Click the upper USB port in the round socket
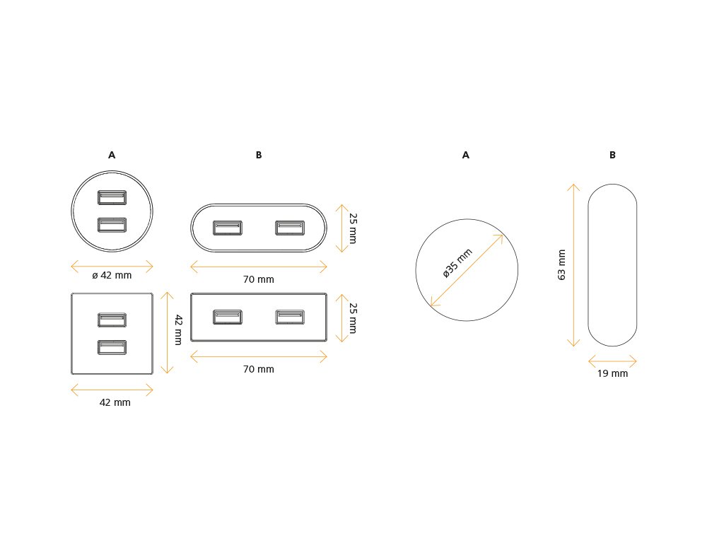click(112, 197)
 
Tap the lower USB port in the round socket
click(112, 225)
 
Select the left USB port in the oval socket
click(228, 228)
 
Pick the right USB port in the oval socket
click(290, 228)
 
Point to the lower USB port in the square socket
click(112, 347)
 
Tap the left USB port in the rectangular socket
click(228, 317)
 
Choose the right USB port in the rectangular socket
click(290, 317)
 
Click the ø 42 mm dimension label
click(112, 276)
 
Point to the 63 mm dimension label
click(562, 264)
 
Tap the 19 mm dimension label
click(612, 373)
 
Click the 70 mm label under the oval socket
click(259, 279)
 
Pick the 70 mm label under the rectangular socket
click(259, 369)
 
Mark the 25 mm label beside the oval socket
click(352, 228)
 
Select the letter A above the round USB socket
click(112, 155)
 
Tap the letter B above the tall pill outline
click(612, 155)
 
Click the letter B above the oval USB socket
click(259, 155)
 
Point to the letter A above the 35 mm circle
click(466, 155)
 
